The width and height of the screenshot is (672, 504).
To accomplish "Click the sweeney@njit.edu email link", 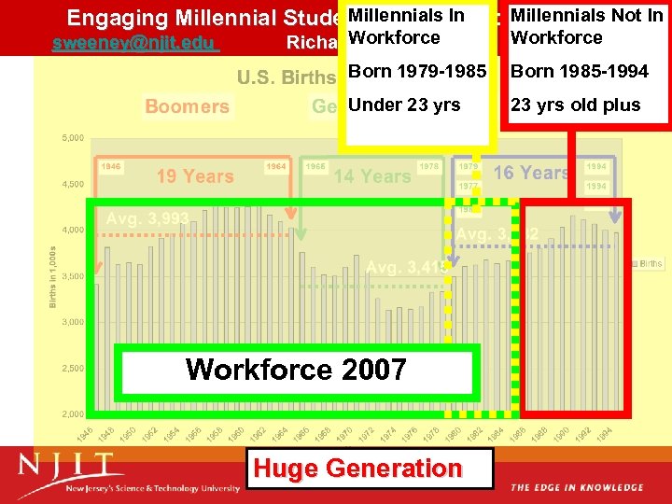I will [x=134, y=44].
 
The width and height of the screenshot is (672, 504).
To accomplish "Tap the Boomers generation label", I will [x=187, y=106].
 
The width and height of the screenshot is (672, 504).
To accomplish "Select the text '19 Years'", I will [x=195, y=176].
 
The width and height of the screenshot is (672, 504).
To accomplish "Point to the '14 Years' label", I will [x=371, y=175].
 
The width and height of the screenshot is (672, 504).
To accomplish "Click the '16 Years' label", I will [x=531, y=173].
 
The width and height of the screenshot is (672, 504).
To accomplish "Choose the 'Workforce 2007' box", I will [x=296, y=370].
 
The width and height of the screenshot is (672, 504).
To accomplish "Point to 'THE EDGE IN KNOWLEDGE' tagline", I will [x=577, y=487].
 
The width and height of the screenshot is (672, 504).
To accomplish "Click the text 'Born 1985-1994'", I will [x=580, y=72].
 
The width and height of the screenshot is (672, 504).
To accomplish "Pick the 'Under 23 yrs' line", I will [x=404, y=105].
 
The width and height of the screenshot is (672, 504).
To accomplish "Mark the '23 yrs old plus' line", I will [x=576, y=105].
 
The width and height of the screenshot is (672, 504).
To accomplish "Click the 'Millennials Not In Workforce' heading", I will [x=587, y=26].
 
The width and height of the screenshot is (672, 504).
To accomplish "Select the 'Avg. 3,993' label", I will [x=147, y=218].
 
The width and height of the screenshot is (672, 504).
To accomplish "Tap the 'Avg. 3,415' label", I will [x=408, y=268].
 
